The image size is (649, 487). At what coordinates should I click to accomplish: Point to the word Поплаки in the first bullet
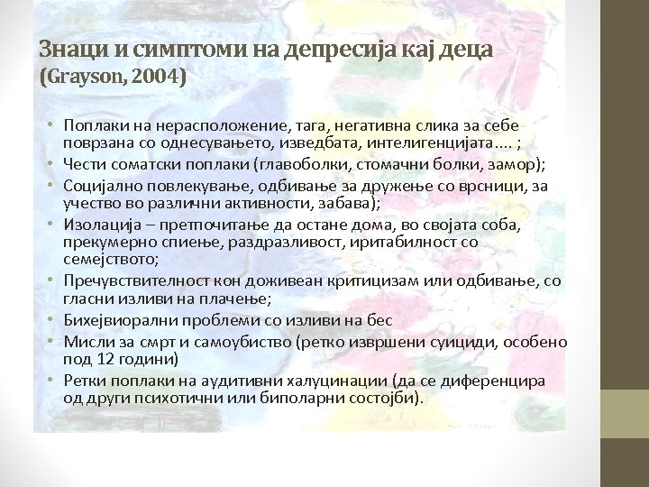click(x=94, y=124)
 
